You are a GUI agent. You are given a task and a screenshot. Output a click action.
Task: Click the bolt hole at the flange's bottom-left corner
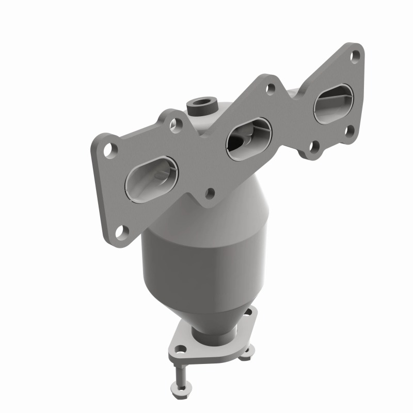(120, 231)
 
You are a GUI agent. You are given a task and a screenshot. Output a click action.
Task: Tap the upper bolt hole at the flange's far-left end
(109, 149)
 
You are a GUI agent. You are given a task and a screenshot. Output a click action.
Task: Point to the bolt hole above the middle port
(270, 88)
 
